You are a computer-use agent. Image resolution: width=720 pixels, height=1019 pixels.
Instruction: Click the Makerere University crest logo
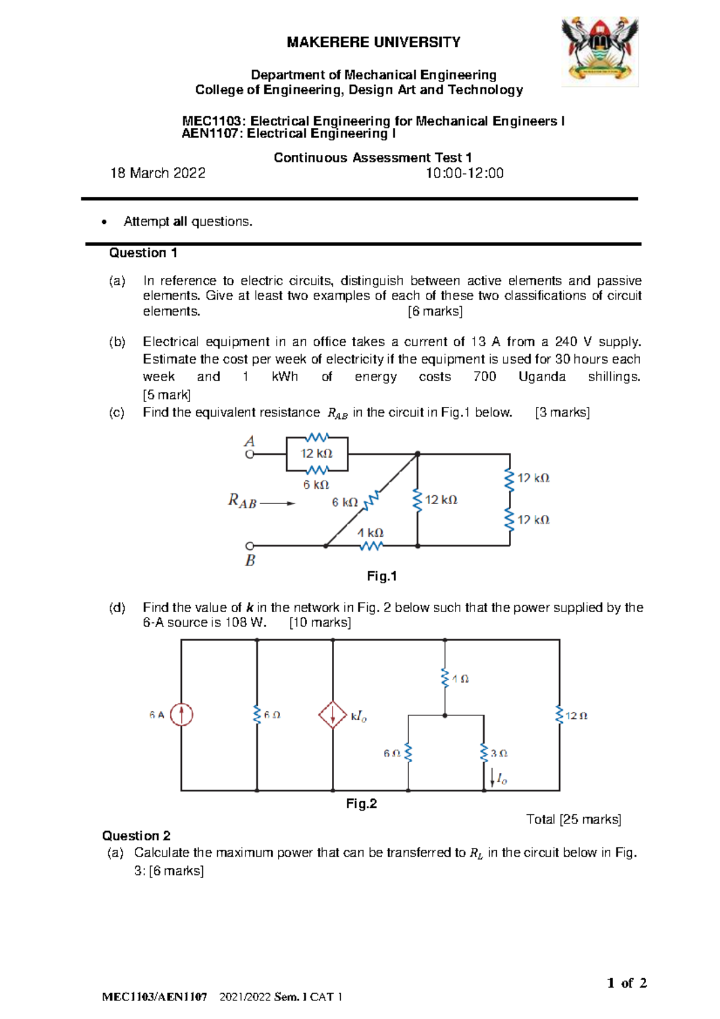coord(599,51)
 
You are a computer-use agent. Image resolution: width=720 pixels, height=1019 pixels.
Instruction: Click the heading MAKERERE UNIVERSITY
coord(373,43)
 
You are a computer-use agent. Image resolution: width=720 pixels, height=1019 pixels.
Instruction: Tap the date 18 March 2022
coord(158,173)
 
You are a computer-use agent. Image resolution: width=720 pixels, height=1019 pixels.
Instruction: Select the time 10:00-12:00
coord(464,173)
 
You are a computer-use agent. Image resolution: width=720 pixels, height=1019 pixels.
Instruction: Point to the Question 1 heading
coord(143,253)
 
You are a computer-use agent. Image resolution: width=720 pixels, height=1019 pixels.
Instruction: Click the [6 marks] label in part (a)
coord(435,311)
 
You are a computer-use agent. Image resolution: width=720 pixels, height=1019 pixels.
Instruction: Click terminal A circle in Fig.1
coord(250,454)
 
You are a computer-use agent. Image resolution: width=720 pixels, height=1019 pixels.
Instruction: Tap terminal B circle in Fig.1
coord(250,546)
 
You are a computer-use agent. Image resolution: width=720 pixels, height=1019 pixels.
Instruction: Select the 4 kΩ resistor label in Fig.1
coord(370,533)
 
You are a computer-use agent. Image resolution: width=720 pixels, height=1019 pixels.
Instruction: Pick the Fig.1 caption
coord(382,576)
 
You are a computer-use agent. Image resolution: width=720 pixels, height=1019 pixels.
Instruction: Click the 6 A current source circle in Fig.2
coord(181,715)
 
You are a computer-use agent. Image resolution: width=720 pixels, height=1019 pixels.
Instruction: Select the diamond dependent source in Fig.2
coord(332,715)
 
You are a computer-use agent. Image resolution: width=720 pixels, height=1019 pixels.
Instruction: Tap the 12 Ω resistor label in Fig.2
coord(576,715)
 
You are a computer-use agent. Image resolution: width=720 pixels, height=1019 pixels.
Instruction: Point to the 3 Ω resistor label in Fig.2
coord(499,753)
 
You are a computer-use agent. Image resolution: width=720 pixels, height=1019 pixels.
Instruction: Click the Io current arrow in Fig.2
coord(493,779)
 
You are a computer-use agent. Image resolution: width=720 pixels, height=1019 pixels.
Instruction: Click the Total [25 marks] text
coord(573,819)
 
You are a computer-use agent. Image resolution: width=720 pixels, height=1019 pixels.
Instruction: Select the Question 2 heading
coord(136,835)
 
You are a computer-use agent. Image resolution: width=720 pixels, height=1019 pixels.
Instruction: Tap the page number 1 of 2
coord(626,982)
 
